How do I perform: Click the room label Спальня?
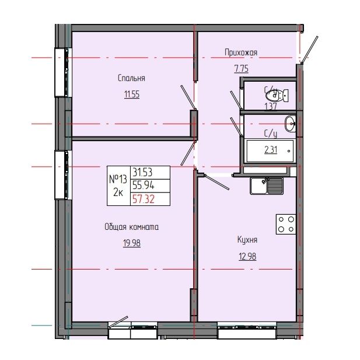(x=131, y=78)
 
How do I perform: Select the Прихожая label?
(x=241, y=53)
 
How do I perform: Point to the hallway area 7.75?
(x=241, y=68)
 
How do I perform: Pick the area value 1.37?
(x=270, y=106)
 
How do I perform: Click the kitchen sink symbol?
(x=267, y=186)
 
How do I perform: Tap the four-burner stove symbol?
(x=285, y=224)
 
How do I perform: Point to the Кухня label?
(x=247, y=239)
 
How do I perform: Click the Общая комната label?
(x=131, y=228)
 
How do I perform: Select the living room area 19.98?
(x=131, y=243)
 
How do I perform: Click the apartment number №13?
(x=118, y=179)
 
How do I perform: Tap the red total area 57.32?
(x=144, y=199)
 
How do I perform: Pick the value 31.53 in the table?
(x=144, y=172)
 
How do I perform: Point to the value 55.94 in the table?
(x=144, y=186)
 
